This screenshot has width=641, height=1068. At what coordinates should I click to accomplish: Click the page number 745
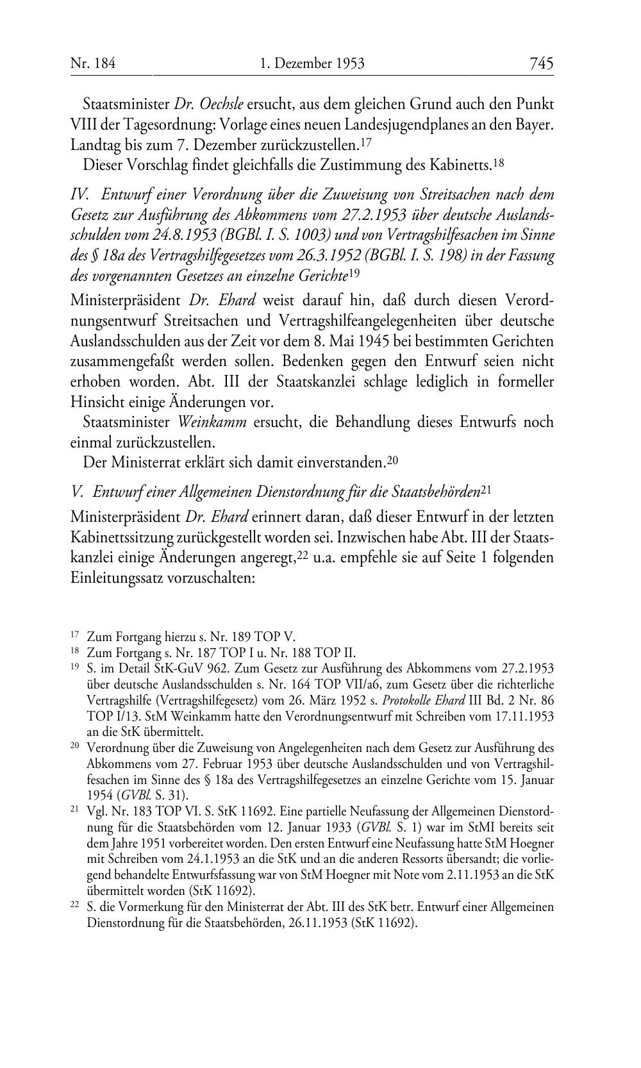click(x=541, y=63)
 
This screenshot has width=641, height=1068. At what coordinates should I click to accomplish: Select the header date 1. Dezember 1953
click(x=312, y=63)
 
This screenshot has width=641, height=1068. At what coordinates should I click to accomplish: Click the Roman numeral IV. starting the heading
click(x=79, y=194)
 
